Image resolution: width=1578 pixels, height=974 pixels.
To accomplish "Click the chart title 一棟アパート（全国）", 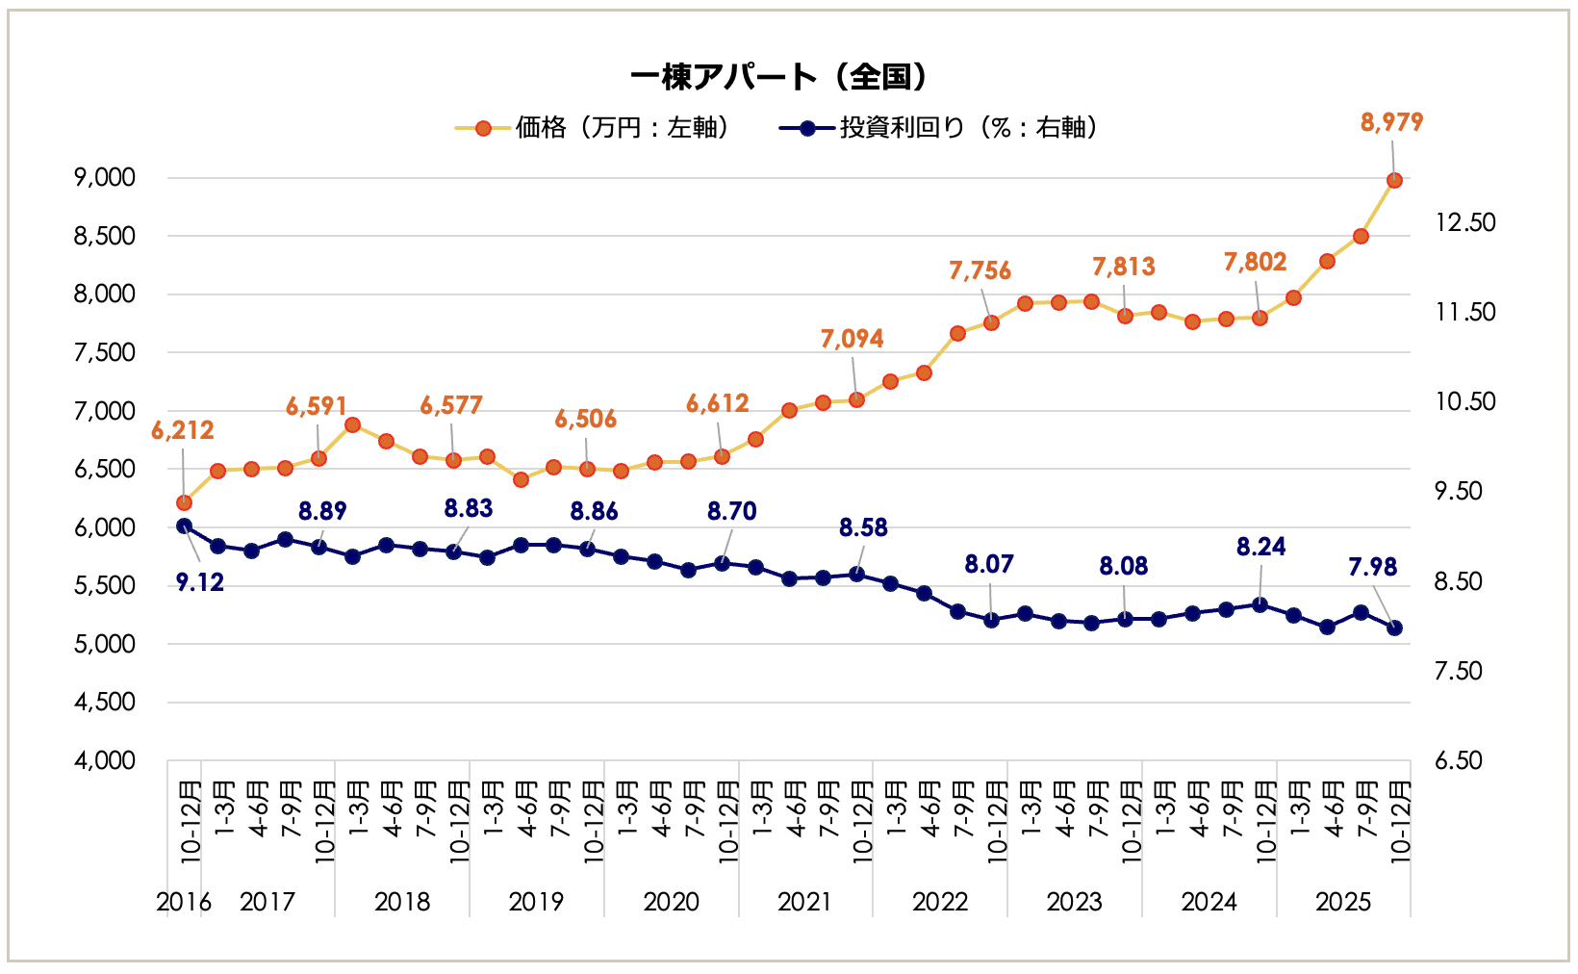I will point(779,77).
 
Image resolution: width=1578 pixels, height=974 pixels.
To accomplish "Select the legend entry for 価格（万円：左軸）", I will point(594,128).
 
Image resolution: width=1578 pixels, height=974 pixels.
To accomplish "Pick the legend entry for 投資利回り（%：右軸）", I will point(940,128).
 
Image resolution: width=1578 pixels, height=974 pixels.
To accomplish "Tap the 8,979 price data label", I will point(1391,122).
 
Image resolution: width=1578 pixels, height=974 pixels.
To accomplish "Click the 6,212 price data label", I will point(183,430).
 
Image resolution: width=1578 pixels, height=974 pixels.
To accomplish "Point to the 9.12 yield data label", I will point(200,582).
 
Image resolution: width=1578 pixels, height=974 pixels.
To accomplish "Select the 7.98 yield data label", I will point(1372,567).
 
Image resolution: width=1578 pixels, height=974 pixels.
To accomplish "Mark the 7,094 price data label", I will point(852,339).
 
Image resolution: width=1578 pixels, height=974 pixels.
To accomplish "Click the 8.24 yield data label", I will point(1260,547).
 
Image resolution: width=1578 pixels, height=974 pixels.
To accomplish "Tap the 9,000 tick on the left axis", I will point(104,178).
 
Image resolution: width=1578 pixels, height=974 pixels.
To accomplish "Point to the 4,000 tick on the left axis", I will point(104,761).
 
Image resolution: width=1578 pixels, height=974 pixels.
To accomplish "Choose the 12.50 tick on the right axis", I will point(1465,222).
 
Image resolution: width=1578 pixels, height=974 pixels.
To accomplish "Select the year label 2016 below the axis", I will point(183,903).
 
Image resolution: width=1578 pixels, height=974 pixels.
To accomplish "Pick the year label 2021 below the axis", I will point(804,903).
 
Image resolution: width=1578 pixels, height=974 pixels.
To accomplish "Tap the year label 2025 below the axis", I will point(1343,903).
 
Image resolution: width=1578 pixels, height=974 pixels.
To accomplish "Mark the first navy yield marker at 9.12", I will point(184,525).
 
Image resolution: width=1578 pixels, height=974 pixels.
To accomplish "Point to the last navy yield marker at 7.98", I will point(1394,628).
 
